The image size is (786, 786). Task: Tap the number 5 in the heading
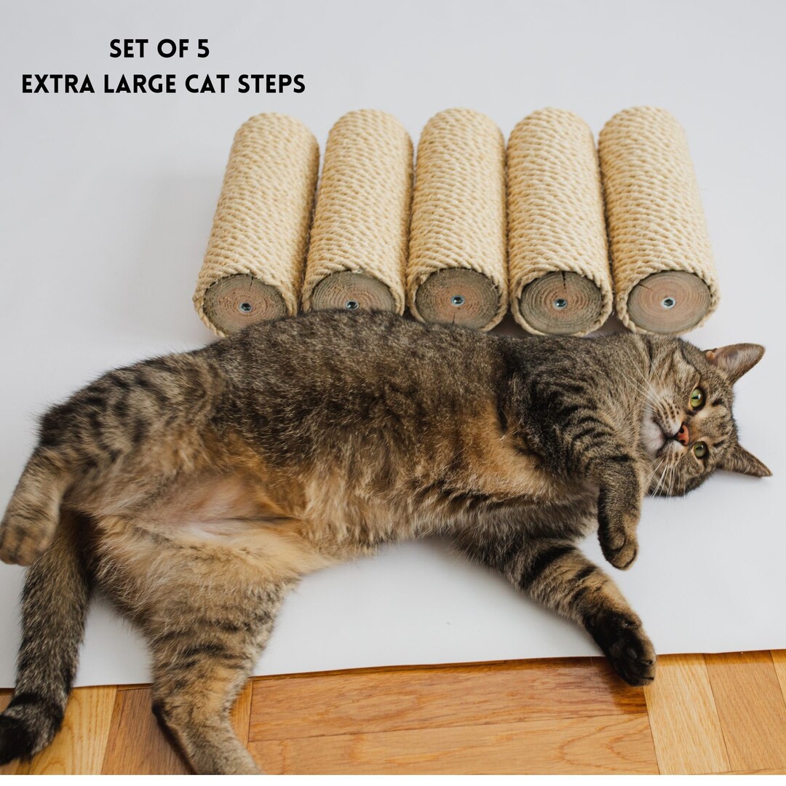pyautogui.click(x=202, y=49)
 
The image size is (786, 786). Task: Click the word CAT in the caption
pyautogui.click(x=207, y=84)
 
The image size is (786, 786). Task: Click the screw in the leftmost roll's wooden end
pyautogui.click(x=245, y=307)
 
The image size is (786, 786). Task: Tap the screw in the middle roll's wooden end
pyautogui.click(x=457, y=300)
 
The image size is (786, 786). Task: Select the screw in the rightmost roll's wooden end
pyautogui.click(x=668, y=302)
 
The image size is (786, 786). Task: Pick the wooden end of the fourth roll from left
pyautogui.click(x=560, y=303)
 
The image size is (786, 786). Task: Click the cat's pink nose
pyautogui.click(x=683, y=434)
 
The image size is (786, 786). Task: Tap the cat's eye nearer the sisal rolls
pyautogui.click(x=696, y=397)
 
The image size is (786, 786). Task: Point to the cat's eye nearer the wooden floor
pyautogui.click(x=700, y=450)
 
